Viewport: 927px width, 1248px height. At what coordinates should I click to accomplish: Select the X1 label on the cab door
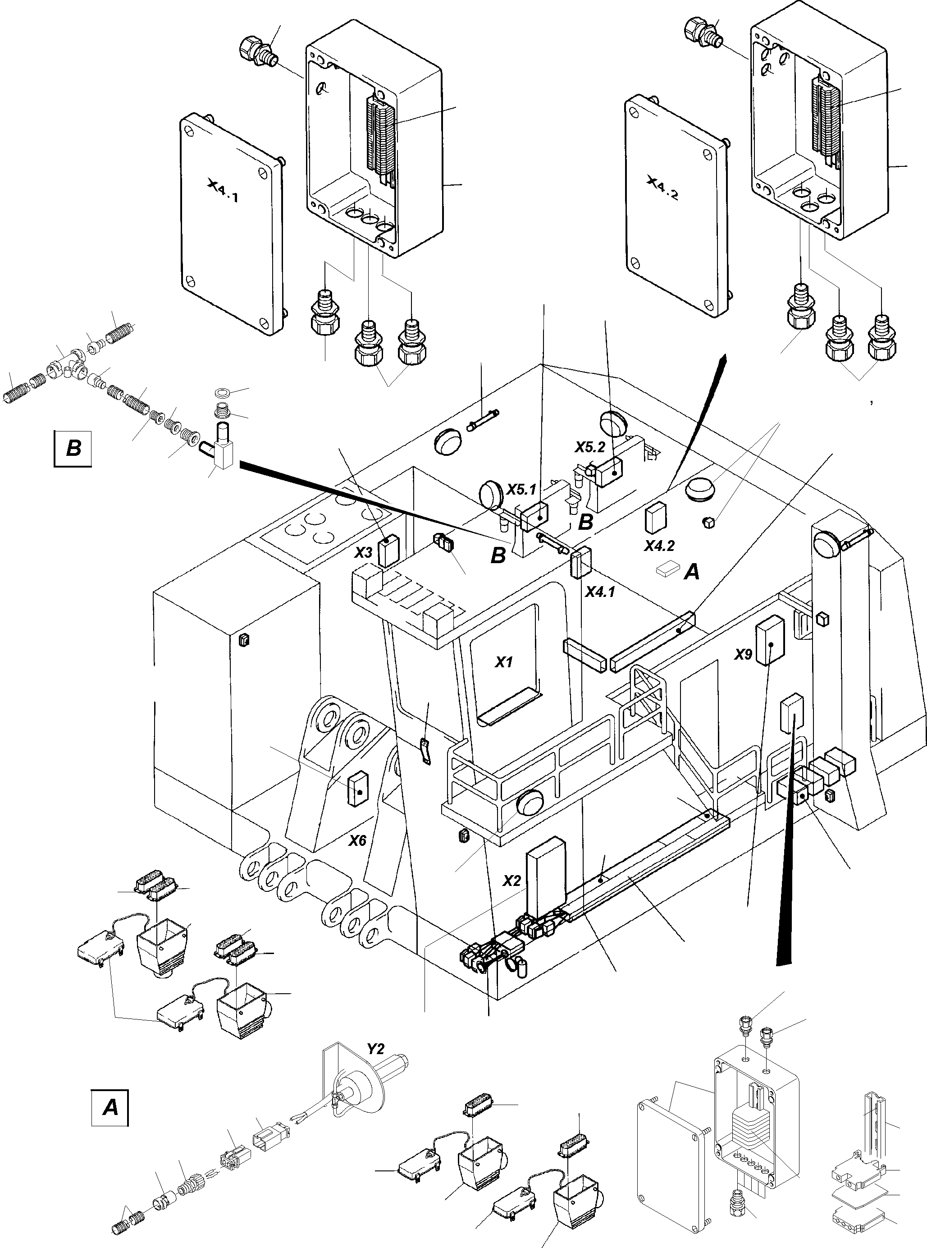503,662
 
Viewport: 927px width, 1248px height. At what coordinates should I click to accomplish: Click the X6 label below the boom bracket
357,840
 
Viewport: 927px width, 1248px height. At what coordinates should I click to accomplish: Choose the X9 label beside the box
743,655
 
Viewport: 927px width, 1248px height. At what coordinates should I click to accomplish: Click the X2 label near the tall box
511,881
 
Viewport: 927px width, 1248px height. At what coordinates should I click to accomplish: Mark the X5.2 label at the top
590,447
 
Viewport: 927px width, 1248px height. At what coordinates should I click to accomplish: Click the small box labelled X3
388,552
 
